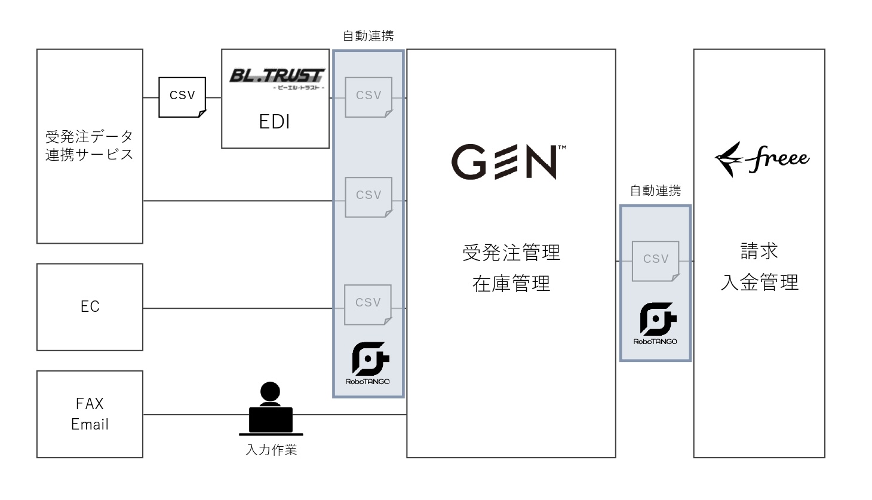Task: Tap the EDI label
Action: tap(275, 122)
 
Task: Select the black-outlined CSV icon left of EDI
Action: tap(182, 96)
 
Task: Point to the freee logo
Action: tap(762, 159)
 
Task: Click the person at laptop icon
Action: tap(271, 409)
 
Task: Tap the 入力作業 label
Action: tap(271, 450)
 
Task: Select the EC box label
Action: tap(90, 307)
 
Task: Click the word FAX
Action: tap(90, 404)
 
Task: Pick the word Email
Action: tap(90, 425)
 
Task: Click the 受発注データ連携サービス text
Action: tap(90, 146)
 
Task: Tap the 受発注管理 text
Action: tap(511, 253)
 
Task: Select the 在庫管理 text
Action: tap(511, 284)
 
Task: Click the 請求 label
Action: tap(759, 251)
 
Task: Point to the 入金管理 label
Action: tap(759, 282)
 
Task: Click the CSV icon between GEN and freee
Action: tap(656, 260)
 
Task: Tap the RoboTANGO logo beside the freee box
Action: tap(656, 323)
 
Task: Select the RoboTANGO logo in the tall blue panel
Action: tap(368, 363)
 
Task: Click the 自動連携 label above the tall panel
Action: tap(368, 36)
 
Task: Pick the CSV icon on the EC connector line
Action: tap(368, 304)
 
